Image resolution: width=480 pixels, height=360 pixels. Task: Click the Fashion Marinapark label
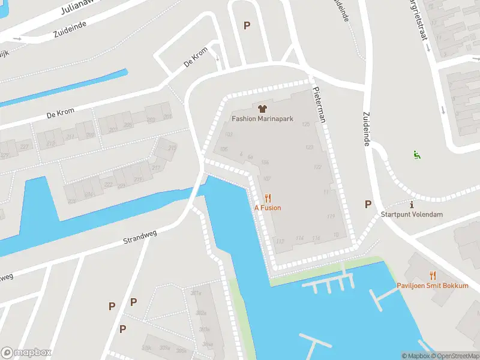(262, 119)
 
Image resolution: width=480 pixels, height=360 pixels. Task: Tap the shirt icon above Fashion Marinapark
(262, 109)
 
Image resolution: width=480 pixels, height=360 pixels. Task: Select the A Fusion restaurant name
(268, 208)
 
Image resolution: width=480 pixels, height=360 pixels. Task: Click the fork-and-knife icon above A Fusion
(268, 197)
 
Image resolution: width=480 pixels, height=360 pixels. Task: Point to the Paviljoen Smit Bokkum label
(432, 286)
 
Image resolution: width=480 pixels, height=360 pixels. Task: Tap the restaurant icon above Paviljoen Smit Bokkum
(432, 275)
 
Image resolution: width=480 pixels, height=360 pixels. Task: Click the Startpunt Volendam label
(412, 215)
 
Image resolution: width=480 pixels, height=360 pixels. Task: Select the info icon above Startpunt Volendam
(412, 205)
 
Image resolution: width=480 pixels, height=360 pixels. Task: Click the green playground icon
(416, 155)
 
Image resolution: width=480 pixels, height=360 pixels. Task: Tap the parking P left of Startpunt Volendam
(368, 204)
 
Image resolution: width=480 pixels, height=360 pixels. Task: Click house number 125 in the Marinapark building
(307, 124)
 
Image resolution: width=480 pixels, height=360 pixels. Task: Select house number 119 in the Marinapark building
(331, 216)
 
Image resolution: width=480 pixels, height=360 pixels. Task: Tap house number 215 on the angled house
(172, 148)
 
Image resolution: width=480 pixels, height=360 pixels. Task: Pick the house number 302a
(201, 313)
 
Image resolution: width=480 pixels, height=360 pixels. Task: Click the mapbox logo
(26, 352)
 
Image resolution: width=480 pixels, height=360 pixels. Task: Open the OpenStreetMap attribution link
(455, 356)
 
